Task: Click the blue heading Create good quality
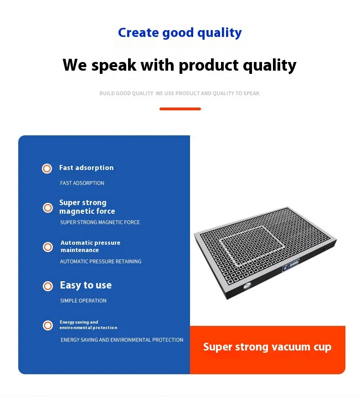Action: click(x=180, y=33)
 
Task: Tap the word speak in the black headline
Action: click(x=113, y=65)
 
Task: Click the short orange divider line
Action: click(x=180, y=109)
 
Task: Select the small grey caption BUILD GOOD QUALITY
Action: click(x=126, y=93)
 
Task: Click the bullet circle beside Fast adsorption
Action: click(x=47, y=169)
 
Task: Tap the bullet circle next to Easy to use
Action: click(x=47, y=286)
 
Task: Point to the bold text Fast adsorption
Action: click(x=86, y=168)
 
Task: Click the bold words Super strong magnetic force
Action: click(x=87, y=207)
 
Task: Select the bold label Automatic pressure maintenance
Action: click(x=90, y=246)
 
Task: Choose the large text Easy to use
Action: click(x=86, y=285)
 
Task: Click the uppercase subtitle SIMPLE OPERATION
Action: click(x=83, y=301)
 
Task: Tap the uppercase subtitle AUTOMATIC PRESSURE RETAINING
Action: click(x=101, y=262)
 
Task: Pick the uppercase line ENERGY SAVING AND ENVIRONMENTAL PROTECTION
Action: click(x=122, y=340)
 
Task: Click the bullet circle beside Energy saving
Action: click(x=47, y=325)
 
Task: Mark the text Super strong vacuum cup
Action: click(x=267, y=347)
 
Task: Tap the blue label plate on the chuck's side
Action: click(x=290, y=263)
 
